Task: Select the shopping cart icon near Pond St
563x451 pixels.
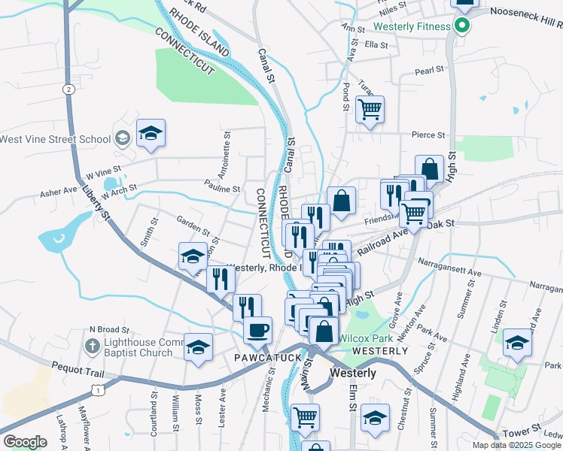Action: pyautogui.click(x=370, y=110)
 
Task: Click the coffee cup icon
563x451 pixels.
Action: pyautogui.click(x=257, y=330)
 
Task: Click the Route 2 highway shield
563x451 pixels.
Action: pyautogui.click(x=69, y=89)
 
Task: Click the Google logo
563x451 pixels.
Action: pyautogui.click(x=26, y=441)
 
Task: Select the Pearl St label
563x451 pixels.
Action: pyautogui.click(x=430, y=73)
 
